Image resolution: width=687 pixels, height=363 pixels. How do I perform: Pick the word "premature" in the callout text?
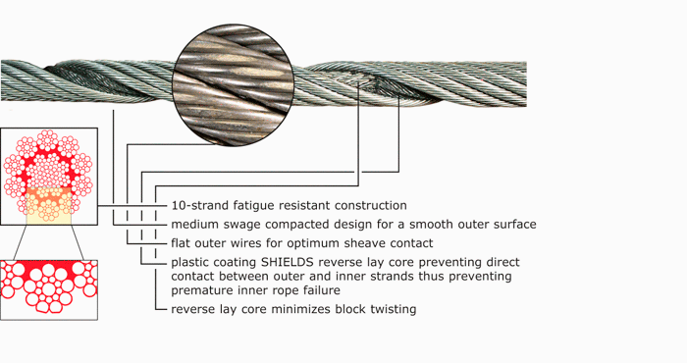pos(203,290)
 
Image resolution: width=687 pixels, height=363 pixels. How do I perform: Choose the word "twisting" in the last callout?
pos(392,309)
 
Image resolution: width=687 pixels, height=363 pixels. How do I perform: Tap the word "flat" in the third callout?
pos(183,243)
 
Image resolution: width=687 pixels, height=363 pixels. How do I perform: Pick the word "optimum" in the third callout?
pos(317,243)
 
